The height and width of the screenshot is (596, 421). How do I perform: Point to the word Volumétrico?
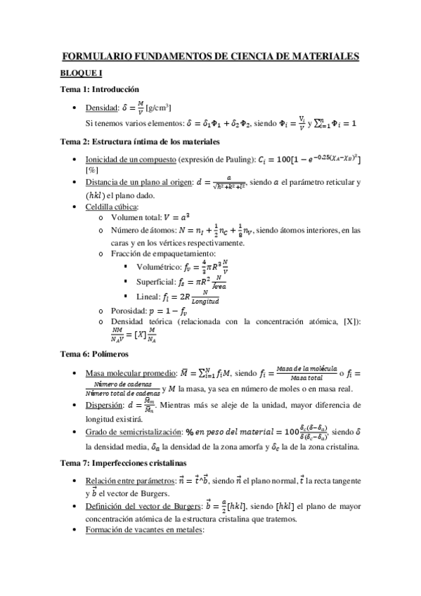(x=158, y=268)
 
